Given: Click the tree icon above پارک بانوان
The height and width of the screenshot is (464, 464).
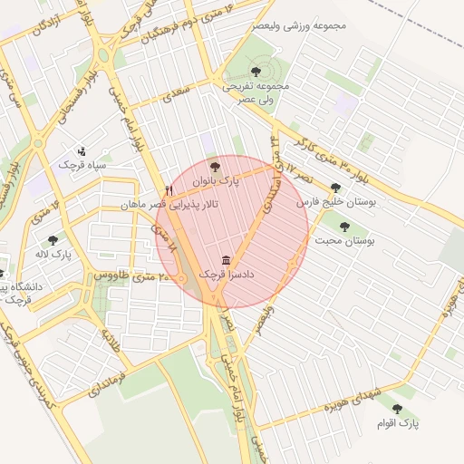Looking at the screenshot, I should tap(215, 168).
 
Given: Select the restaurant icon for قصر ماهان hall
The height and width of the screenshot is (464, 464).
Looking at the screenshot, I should tap(169, 191).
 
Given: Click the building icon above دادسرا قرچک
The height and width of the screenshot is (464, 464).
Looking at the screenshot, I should tap(226, 258).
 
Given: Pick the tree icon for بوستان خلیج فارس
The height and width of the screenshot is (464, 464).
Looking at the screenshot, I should tap(335, 188).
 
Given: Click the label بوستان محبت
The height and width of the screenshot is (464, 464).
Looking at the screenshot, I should tap(345, 242).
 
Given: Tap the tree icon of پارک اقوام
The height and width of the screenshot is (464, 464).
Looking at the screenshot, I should tap(396, 409).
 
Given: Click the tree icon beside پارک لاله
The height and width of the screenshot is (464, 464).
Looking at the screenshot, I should tap(53, 240).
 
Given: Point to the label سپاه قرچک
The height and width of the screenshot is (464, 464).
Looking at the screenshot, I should tap(82, 166).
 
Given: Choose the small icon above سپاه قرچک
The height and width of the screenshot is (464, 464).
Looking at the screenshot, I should tap(82, 151).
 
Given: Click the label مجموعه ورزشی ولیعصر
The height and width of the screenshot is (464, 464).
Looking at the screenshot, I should tap(308, 24).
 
